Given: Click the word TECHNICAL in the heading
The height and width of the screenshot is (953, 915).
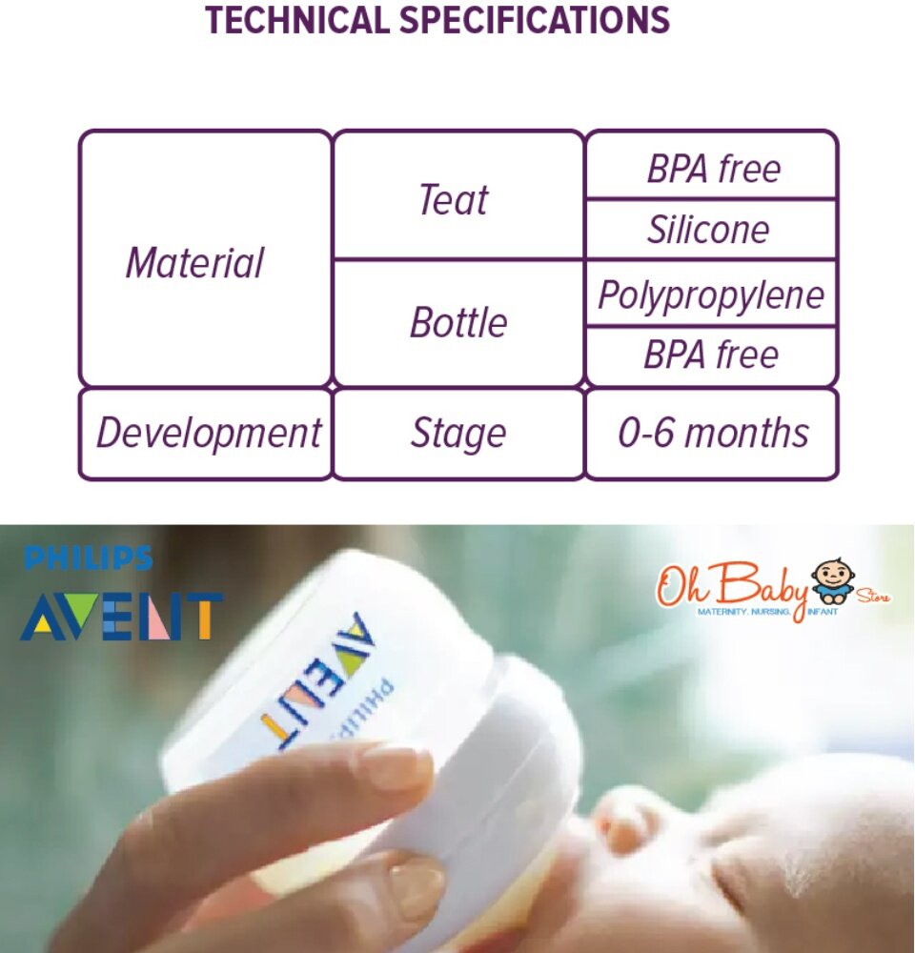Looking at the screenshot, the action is click(296, 19).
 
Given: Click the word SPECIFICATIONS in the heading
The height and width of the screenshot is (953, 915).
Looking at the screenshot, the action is click(535, 19).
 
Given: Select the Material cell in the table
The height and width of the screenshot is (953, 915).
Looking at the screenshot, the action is click(206, 258).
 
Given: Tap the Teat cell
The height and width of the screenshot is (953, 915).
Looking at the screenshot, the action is click(458, 195).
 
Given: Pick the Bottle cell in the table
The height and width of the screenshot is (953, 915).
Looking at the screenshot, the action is click(458, 323).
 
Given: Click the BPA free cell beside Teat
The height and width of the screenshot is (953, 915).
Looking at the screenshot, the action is click(711, 165).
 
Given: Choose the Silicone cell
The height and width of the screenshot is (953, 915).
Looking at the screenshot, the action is click(711, 230).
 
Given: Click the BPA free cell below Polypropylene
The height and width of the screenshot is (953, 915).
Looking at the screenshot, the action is click(711, 356).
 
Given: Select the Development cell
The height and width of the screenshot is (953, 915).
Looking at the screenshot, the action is click(206, 434).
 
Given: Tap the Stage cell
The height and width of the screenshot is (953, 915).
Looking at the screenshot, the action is click(458, 434).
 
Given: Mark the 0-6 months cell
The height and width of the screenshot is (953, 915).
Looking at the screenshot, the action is click(711, 434).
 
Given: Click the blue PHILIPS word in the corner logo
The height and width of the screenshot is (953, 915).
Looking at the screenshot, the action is click(88, 558).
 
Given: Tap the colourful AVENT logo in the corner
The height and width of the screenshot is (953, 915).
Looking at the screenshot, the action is click(122, 617).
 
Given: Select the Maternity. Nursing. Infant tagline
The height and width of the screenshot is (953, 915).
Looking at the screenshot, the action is click(767, 612).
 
